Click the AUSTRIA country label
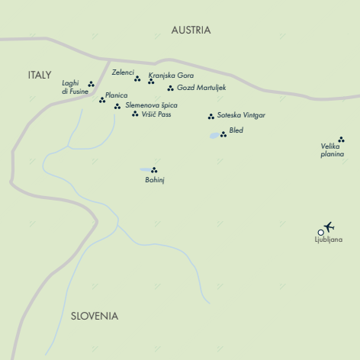[x=191, y=30]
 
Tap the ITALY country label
[x=39, y=75]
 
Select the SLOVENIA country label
[x=95, y=316]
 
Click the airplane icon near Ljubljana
[x=329, y=227]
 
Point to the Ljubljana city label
[x=328, y=240]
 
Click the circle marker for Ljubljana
[x=320, y=232]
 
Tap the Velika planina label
[x=333, y=150]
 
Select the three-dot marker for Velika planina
[x=341, y=140]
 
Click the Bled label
[x=236, y=130]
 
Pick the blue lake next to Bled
[x=214, y=136]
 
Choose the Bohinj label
[x=155, y=180]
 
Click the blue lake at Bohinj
[x=145, y=170]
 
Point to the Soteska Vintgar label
[x=241, y=114]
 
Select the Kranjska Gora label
[x=170, y=76]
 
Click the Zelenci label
[x=123, y=72]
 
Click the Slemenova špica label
[x=153, y=104]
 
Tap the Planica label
[x=117, y=95]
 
